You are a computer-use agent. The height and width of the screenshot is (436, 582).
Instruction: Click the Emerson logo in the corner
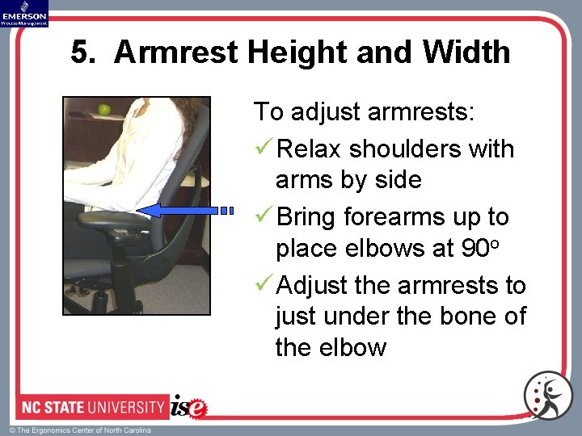[x=24, y=13]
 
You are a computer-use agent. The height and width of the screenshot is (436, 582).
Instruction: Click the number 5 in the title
[x=79, y=53]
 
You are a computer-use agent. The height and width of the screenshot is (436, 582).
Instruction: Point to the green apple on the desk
[x=103, y=110]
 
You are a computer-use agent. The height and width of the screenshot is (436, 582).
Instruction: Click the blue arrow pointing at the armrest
[x=183, y=210]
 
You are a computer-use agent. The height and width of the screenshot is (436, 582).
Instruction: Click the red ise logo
[x=189, y=406]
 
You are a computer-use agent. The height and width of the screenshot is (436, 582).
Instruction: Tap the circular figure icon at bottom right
[x=547, y=396]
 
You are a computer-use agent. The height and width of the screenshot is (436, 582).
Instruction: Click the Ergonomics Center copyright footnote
[x=80, y=430]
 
